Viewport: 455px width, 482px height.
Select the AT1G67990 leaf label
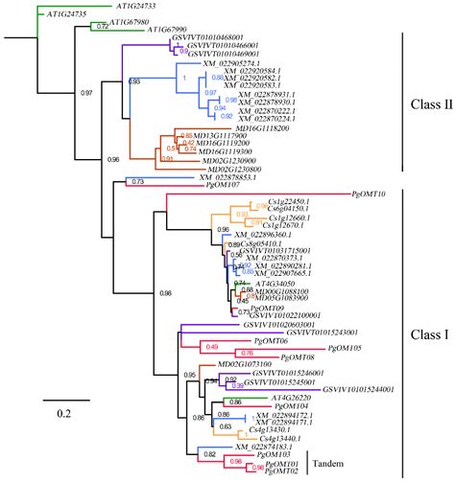(x=180, y=30)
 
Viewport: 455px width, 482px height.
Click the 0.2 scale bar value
(x=65, y=412)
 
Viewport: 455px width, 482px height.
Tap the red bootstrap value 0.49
(x=213, y=345)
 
